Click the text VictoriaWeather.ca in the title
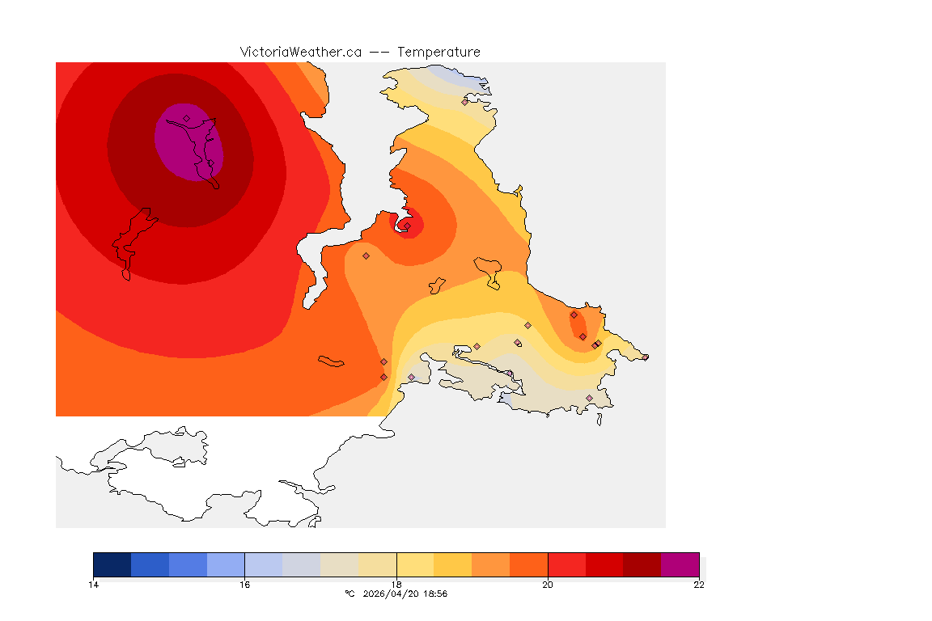click(300, 52)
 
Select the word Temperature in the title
click(438, 52)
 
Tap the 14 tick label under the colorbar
click(93, 585)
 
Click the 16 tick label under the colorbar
click(244, 585)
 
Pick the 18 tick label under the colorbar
click(396, 585)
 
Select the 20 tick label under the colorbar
click(548, 585)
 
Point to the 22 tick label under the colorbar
click(699, 585)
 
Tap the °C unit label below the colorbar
click(349, 594)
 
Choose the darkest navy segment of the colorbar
click(112, 564)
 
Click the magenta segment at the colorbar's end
click(680, 564)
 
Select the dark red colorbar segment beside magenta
click(642, 564)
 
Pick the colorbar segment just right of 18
click(415, 564)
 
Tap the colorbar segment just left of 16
click(226, 564)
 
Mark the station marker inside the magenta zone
click(186, 118)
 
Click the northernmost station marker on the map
click(464, 102)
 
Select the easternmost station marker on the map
click(645, 357)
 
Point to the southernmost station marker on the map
click(589, 398)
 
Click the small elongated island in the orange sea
click(331, 361)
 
